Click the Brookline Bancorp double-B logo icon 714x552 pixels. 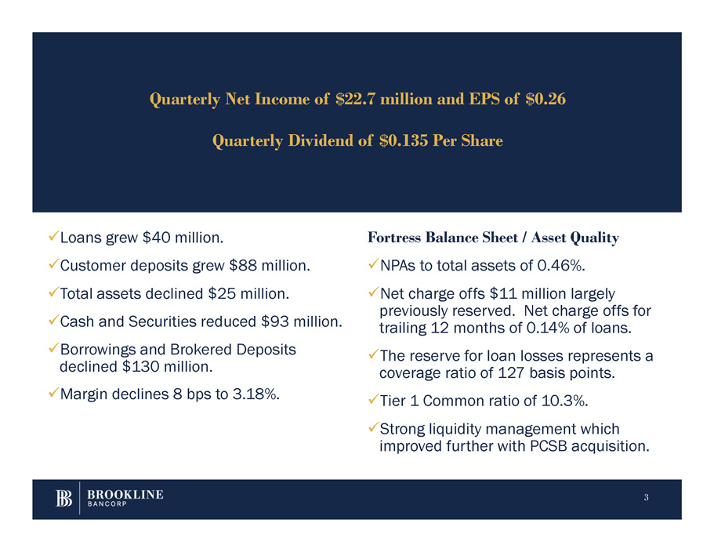[65, 499]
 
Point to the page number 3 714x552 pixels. [646, 498]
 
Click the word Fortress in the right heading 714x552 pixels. [393, 237]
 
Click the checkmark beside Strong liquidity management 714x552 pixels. [372, 429]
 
